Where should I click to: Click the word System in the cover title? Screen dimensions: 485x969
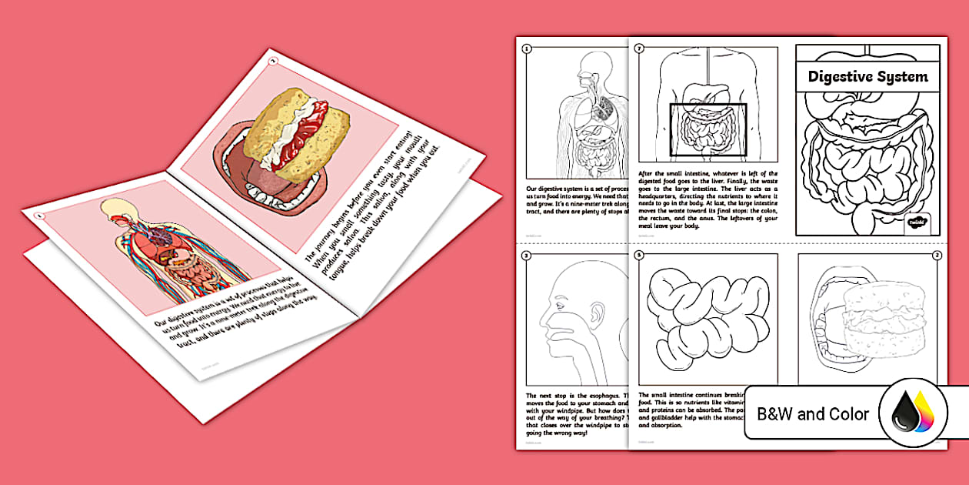pyautogui.click(x=902, y=77)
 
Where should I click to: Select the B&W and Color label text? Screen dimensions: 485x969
pyautogui.click(x=813, y=414)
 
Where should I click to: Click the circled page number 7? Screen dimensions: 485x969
pyautogui.click(x=639, y=48)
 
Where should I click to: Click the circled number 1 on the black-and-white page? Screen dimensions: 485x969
pyautogui.click(x=527, y=48)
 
